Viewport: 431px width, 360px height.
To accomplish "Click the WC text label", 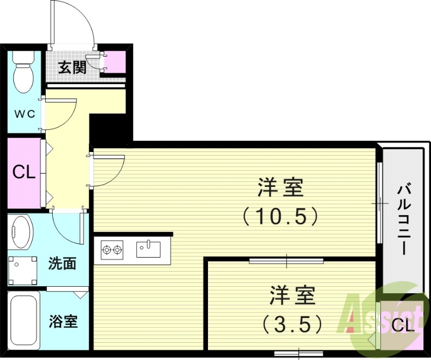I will click(x=24, y=114).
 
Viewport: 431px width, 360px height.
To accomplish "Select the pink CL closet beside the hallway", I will click(x=24, y=172).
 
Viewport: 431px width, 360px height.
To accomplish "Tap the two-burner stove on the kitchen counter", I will click(x=112, y=250).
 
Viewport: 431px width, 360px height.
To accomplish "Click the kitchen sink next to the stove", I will click(x=148, y=249).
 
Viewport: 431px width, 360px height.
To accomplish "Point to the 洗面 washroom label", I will click(x=62, y=264).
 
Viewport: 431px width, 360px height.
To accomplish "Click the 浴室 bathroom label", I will click(x=63, y=322).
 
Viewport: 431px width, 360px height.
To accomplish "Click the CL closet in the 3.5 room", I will click(x=402, y=325).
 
